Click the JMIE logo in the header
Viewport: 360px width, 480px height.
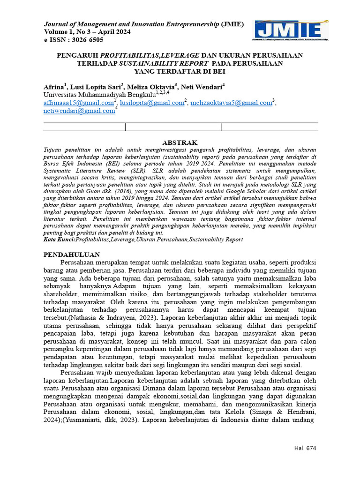(x=291, y=31)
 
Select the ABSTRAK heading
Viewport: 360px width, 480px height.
(x=180, y=142)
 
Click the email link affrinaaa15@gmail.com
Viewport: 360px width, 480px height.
(x=79, y=103)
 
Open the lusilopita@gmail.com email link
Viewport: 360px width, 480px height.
(x=151, y=103)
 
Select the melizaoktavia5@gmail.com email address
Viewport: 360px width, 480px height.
(x=232, y=103)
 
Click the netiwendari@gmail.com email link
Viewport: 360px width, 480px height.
(x=79, y=111)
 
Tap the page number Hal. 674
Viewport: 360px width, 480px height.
(x=305, y=448)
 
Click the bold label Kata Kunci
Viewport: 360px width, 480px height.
(x=59, y=239)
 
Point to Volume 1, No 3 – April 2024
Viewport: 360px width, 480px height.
(x=87, y=32)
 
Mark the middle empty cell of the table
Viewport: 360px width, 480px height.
(x=173, y=127)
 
